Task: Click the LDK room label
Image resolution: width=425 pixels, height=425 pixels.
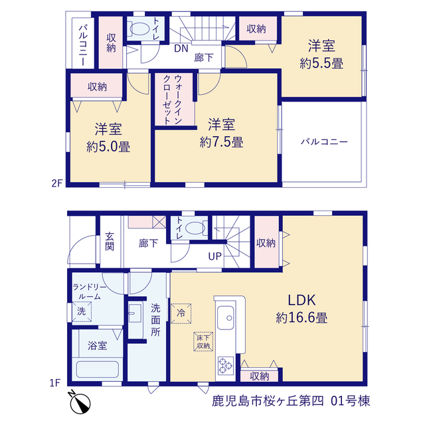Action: click(x=301, y=300)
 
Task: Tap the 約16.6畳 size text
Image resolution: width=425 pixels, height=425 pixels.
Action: click(x=301, y=317)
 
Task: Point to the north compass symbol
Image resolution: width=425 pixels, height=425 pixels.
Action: click(x=80, y=402)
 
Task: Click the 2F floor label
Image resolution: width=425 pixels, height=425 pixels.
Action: click(x=57, y=183)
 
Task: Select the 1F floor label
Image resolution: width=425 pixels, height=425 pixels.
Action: click(x=54, y=382)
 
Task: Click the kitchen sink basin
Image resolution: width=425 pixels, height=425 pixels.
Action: click(x=225, y=317)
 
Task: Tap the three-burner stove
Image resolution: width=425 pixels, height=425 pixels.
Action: click(x=226, y=366)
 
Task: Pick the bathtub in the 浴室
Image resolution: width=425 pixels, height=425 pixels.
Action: click(x=98, y=369)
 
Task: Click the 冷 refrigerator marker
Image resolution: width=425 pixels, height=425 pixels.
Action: click(x=181, y=313)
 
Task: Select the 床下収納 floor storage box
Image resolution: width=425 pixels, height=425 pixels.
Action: click(x=203, y=341)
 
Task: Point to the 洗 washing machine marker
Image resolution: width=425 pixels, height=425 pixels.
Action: click(x=82, y=311)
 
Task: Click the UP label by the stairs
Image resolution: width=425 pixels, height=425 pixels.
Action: click(x=215, y=256)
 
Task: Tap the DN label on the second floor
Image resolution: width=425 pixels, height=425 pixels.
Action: click(x=181, y=48)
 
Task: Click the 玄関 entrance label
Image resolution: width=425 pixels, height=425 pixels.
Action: click(x=110, y=242)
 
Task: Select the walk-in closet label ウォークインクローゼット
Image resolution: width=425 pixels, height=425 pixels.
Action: click(x=173, y=100)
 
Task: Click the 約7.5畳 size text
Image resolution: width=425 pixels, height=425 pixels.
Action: click(x=221, y=142)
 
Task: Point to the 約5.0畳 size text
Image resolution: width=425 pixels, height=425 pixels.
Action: click(x=108, y=147)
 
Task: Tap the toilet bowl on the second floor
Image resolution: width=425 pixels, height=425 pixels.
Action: click(x=139, y=29)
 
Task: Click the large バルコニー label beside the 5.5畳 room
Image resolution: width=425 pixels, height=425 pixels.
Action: click(x=324, y=141)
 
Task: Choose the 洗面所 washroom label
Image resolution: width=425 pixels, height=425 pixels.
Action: click(x=155, y=320)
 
